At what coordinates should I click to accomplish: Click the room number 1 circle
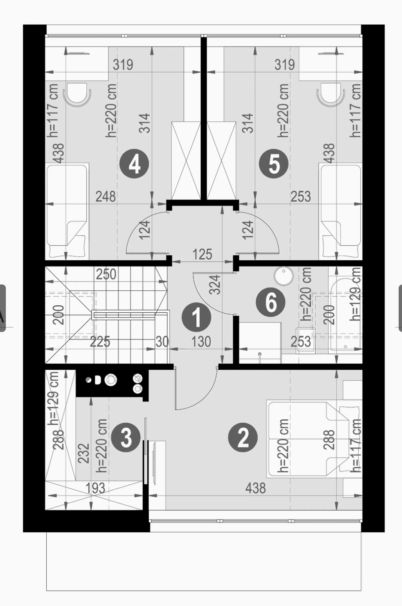click(196, 317)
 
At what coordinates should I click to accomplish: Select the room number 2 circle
click(243, 437)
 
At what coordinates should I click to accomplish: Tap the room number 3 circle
click(126, 437)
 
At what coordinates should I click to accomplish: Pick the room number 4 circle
click(134, 164)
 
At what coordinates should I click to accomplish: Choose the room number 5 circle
click(274, 164)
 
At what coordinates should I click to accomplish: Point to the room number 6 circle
click(271, 302)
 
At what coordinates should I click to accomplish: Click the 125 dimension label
click(202, 254)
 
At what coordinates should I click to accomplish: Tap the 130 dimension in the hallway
click(201, 342)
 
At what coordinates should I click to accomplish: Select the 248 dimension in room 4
click(106, 197)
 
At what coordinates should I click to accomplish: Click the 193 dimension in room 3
click(95, 488)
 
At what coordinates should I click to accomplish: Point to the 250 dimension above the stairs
click(106, 274)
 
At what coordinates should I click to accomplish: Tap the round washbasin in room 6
click(284, 276)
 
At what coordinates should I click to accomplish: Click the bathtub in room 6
click(345, 316)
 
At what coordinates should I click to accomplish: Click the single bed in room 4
click(67, 211)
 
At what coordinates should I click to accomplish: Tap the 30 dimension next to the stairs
click(162, 342)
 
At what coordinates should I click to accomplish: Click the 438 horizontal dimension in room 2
click(256, 488)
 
